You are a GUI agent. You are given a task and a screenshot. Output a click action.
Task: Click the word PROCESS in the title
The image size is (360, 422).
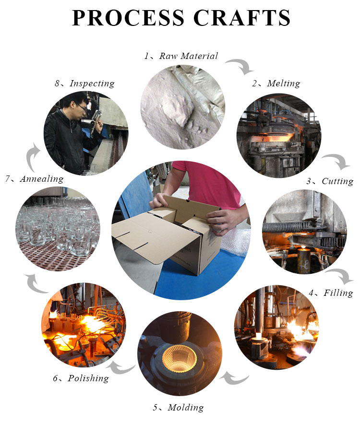click(128, 18)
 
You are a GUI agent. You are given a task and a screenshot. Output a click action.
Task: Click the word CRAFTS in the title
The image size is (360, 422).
click(242, 18)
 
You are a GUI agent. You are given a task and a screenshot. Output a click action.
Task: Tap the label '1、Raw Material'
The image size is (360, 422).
click(181, 56)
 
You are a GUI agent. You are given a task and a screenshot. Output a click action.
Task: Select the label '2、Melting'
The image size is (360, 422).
click(276, 83)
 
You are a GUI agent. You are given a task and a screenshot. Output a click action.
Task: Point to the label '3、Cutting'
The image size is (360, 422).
click(330, 181)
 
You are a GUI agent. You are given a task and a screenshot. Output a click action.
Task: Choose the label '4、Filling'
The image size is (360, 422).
click(331, 293)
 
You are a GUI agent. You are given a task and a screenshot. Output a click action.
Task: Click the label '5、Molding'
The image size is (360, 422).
click(179, 408)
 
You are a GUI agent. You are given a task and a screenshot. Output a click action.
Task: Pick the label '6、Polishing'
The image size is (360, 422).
click(81, 378)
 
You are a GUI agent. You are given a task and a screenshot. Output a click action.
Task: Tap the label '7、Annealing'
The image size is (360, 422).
click(35, 179)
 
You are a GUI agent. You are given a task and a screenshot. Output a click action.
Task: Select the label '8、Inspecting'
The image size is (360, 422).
click(84, 83)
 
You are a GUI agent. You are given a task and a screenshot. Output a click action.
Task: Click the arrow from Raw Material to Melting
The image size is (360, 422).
click(240, 65)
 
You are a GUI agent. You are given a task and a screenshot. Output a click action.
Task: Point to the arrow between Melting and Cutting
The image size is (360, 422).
click(338, 160)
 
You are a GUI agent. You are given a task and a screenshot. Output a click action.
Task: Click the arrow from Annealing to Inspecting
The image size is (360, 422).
click(31, 157)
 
